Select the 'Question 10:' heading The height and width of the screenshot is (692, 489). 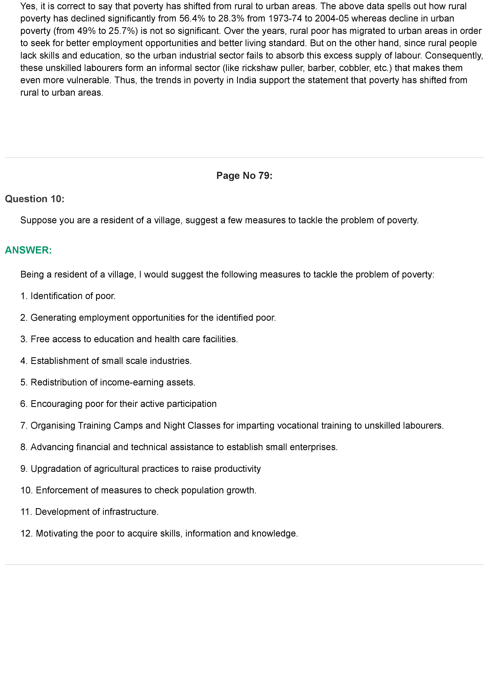tap(35, 199)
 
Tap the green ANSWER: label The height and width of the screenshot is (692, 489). tap(28, 250)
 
